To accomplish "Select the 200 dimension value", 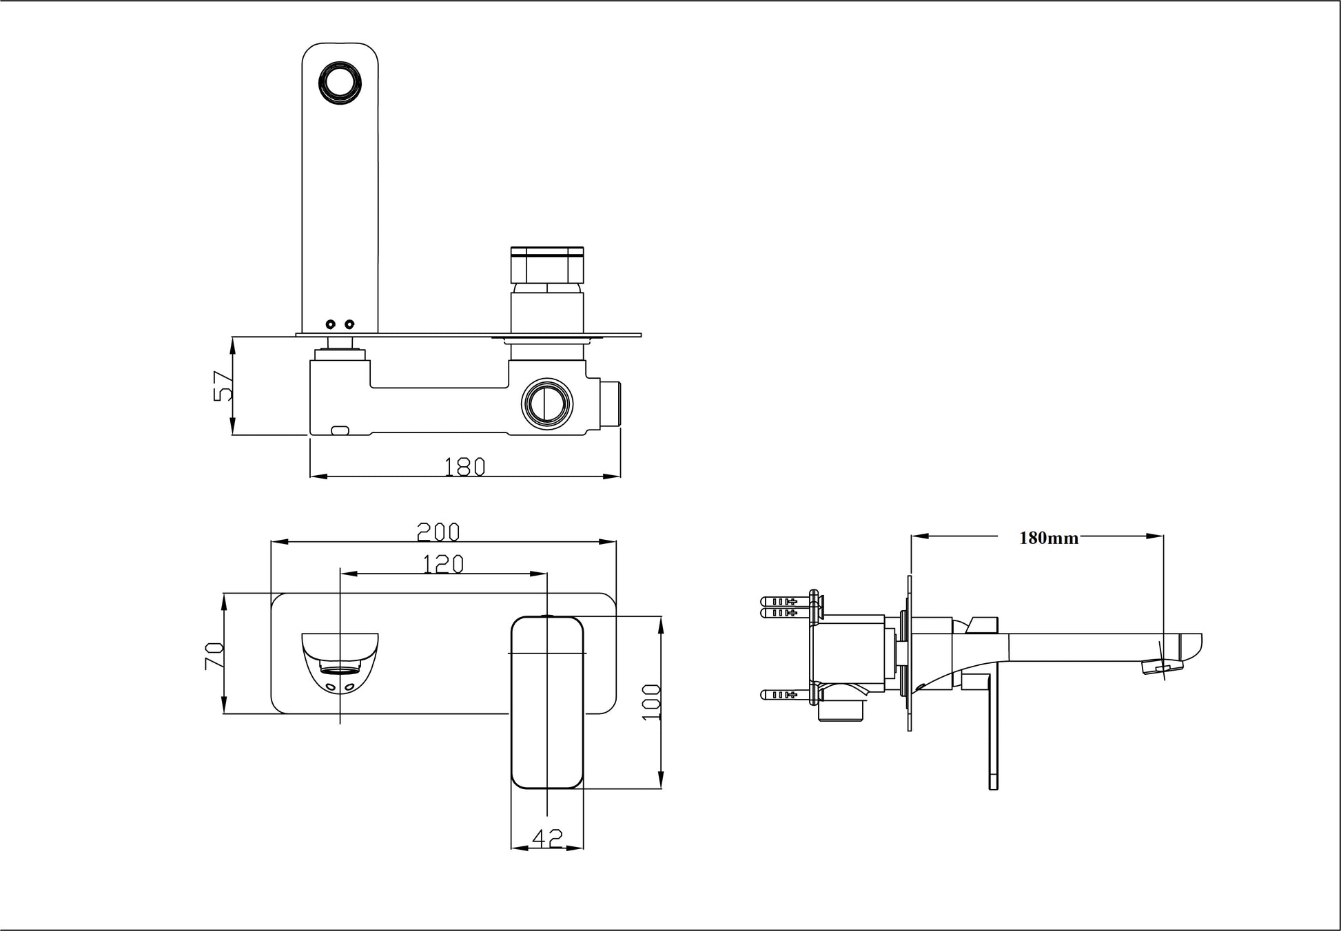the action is tap(438, 532).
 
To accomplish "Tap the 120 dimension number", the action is tap(442, 564).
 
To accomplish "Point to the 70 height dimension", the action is tap(214, 656).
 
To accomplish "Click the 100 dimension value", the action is tap(651, 702).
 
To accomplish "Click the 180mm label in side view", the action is tap(1049, 538).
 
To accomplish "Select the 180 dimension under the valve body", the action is tap(464, 467).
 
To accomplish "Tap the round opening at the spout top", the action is tap(340, 84).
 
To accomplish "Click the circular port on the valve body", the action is tap(548, 404).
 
